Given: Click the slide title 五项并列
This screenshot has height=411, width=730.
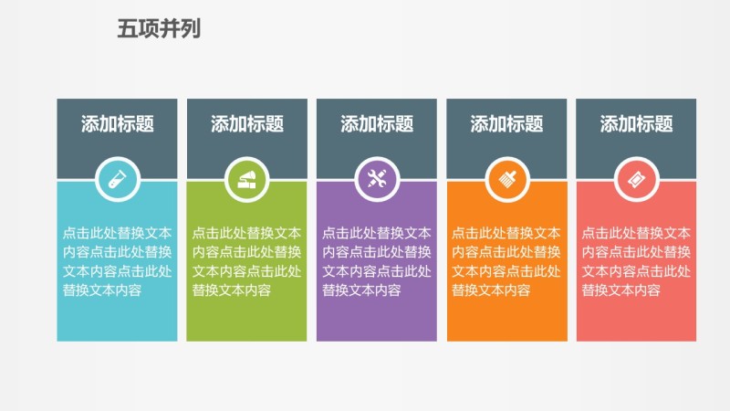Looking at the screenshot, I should [x=159, y=28].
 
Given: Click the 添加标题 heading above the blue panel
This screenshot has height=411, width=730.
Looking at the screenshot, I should [x=118, y=124].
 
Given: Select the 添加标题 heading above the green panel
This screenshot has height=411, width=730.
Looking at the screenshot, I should [x=247, y=124].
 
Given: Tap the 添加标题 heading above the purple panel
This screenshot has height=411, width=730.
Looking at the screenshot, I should [x=377, y=124].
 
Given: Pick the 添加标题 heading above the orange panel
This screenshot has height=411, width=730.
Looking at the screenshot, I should [x=506, y=124].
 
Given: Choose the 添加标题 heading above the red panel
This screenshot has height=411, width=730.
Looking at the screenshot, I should [x=636, y=124].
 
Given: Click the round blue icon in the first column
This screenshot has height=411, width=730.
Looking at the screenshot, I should [x=118, y=179].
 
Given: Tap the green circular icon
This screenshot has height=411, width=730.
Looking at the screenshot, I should [x=247, y=179].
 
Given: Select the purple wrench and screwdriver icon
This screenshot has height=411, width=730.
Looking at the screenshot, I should [x=377, y=179].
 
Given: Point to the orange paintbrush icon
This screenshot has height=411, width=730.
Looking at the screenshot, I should [x=506, y=179].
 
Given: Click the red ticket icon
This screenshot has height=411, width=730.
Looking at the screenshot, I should [x=636, y=179].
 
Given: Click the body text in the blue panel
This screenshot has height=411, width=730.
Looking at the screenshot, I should [x=118, y=261].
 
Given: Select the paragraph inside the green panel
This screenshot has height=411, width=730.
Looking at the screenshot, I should [x=247, y=261].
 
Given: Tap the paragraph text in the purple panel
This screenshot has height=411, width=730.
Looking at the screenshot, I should [x=377, y=261].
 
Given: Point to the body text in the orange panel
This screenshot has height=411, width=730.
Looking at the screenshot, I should [x=506, y=261].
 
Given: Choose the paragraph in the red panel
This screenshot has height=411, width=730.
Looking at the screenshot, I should [x=636, y=261].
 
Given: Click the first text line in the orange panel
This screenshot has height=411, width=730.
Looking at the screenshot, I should [x=506, y=233].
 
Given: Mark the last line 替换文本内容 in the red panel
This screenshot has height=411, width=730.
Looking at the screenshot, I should [x=621, y=290].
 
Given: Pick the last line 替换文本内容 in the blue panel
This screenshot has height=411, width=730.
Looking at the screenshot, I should [x=103, y=290].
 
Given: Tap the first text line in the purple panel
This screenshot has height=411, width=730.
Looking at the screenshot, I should [x=377, y=233].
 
